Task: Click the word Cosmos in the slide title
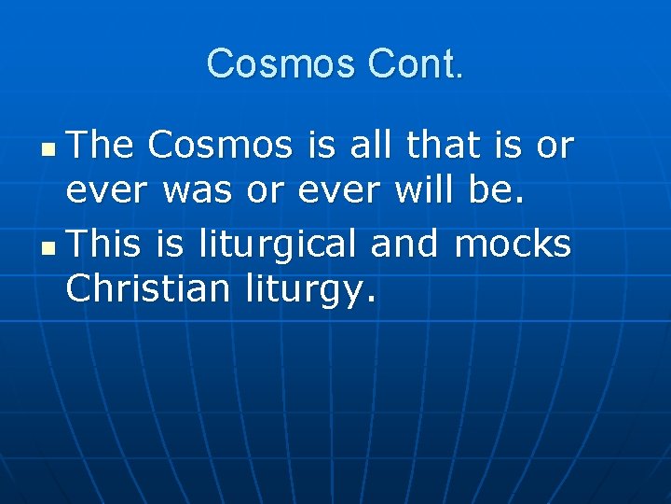coord(282,63)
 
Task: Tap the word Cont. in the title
coord(416,63)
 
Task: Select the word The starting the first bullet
coord(102,146)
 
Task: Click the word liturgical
coord(279,245)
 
